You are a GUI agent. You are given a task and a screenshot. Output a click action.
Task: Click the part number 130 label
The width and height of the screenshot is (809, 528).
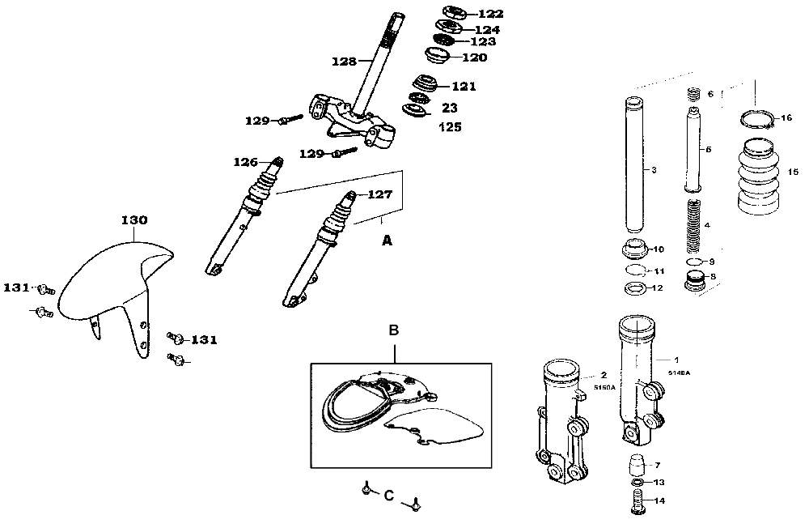[134, 220]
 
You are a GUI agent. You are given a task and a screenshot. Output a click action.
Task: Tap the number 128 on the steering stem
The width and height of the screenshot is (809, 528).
[344, 61]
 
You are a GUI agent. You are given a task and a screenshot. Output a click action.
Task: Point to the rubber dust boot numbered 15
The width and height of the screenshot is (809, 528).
[760, 180]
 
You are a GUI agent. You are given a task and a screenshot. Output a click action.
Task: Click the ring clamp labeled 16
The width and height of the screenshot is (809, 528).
[760, 119]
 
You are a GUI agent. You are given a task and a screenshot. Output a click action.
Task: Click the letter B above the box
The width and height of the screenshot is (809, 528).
[394, 330]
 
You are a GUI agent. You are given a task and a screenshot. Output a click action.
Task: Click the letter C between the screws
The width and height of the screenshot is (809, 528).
[388, 495]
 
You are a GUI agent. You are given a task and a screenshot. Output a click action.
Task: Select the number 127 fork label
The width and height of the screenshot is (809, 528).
[380, 194]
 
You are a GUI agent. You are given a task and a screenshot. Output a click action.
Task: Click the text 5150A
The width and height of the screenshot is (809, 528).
[604, 388]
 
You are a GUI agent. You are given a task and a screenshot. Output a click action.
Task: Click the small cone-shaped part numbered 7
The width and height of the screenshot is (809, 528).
[637, 466]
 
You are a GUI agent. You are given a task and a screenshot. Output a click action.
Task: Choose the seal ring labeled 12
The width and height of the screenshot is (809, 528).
[636, 288]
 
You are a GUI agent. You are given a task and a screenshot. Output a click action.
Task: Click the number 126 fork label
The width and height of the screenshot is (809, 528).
[246, 161]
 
